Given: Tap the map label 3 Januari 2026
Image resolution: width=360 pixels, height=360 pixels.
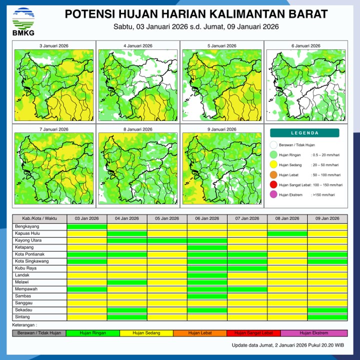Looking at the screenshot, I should (x=54, y=46).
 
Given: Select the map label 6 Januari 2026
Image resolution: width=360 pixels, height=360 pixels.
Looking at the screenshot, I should (x=305, y=46).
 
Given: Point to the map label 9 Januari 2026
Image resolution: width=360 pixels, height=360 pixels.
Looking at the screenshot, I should (x=221, y=129).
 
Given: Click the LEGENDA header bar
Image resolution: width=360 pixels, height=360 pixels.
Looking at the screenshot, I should (x=304, y=133).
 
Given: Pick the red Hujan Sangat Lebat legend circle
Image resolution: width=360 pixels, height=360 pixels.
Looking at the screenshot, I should (x=273, y=184).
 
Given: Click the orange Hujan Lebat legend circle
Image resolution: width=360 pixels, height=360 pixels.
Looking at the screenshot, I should (x=273, y=175).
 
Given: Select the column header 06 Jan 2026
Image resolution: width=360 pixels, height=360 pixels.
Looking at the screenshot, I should (x=207, y=218).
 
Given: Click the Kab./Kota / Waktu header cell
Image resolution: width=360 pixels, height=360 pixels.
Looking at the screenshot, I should (x=39, y=218).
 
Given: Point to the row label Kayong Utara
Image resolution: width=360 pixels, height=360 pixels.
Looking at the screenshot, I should (x=28, y=240).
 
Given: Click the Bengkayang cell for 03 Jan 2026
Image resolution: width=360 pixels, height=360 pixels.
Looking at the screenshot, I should (x=87, y=226).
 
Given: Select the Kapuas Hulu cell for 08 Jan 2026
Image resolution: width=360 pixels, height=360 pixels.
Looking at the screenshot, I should (x=287, y=233).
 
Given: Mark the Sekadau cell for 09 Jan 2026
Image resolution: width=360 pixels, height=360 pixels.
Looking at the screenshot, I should (x=327, y=310).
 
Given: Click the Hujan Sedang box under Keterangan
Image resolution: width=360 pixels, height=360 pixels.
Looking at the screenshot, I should (x=146, y=332).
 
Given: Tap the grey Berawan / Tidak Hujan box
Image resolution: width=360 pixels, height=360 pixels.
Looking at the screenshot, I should (x=39, y=332).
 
